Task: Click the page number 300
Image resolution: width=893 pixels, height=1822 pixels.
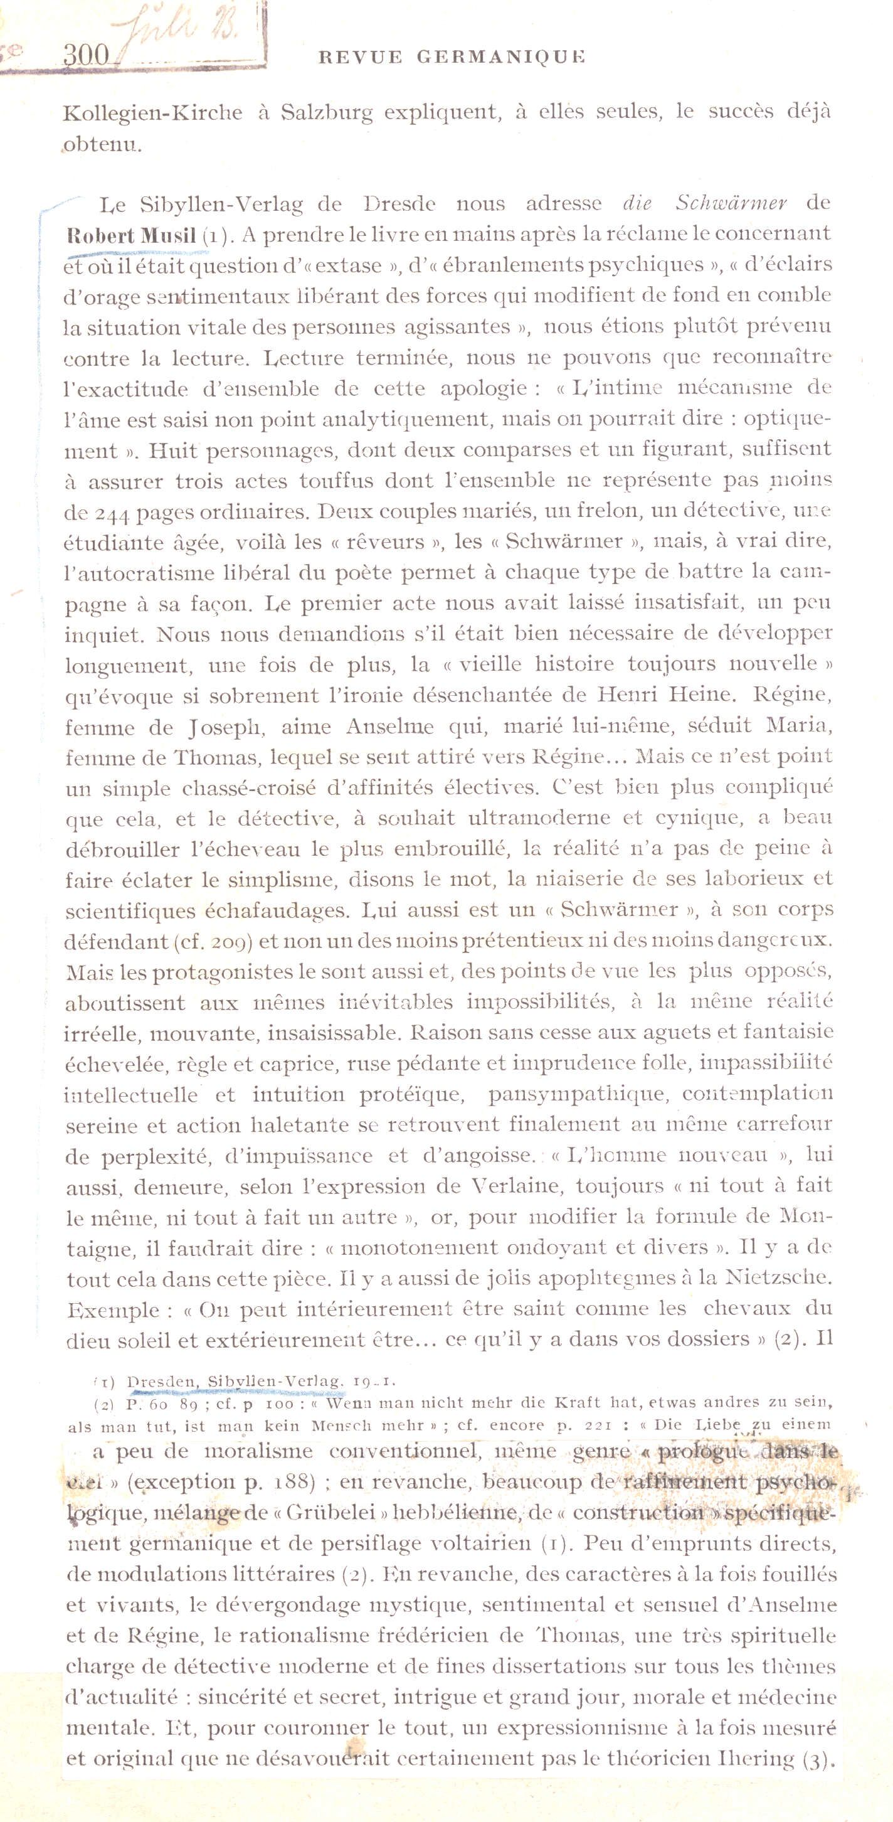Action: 87,55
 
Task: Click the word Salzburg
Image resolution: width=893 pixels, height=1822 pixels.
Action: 326,113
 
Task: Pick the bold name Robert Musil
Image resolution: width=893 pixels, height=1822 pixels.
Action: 131,237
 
